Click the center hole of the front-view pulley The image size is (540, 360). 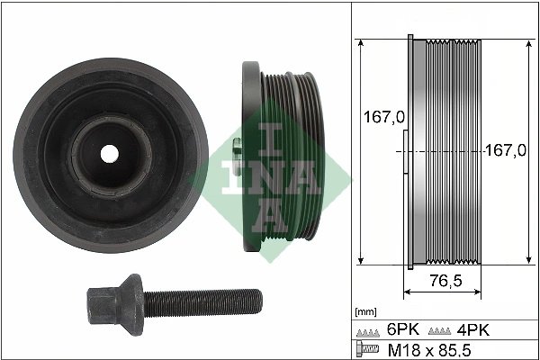(x=109, y=153)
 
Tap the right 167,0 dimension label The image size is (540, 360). (x=505, y=151)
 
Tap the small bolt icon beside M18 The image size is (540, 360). (x=365, y=348)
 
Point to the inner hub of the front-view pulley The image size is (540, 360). (x=109, y=153)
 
